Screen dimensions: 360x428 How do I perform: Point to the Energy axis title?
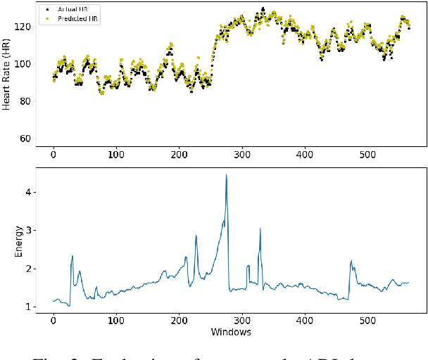(x=18, y=240)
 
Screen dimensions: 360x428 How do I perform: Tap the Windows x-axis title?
(x=232, y=332)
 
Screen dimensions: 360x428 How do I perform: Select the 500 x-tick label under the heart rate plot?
(x=367, y=153)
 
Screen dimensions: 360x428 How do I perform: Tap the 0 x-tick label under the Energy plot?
(x=53, y=321)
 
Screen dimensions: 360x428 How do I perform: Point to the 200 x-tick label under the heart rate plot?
(x=179, y=153)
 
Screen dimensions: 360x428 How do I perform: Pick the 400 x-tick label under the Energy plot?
(x=305, y=321)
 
